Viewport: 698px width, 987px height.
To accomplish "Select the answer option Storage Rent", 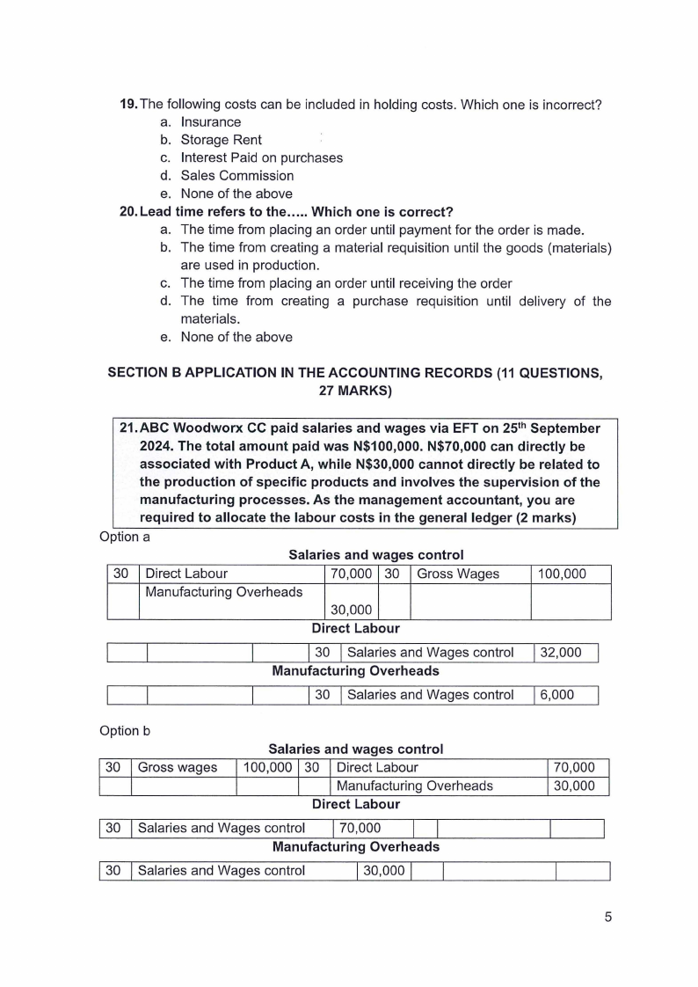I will tap(221, 140).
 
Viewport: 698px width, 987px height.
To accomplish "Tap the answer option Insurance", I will tap(210, 122).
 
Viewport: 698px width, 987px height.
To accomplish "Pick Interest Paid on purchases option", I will tap(261, 157).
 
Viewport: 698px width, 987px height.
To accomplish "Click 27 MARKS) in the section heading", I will tap(355, 391).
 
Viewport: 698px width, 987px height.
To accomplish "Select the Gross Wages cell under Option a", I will tap(457, 574).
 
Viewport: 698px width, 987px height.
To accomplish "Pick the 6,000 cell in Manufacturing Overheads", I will tap(556, 695).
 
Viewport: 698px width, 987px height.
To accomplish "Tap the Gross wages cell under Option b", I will tap(178, 768).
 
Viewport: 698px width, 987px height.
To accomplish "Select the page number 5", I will tap(607, 917).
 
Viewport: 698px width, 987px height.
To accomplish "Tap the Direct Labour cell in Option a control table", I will tap(186, 574).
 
